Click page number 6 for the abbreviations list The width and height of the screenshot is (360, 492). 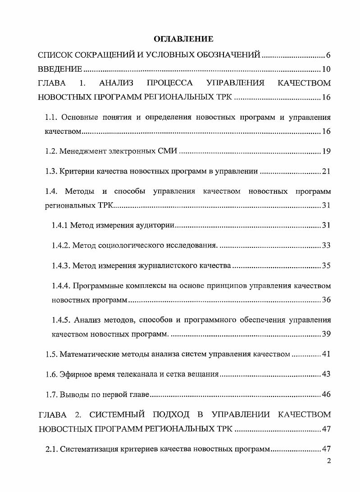328,55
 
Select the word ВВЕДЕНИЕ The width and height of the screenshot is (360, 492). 60,69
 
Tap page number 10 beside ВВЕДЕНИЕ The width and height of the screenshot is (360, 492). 326,69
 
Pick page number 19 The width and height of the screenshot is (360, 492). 326,151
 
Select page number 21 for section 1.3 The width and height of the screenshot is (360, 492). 326,171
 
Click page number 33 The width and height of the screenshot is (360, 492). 326,245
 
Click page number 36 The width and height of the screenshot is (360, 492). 326,300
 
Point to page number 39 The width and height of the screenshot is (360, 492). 326,334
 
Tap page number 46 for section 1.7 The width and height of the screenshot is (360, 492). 326,395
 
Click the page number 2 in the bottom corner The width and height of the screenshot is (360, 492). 328,461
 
